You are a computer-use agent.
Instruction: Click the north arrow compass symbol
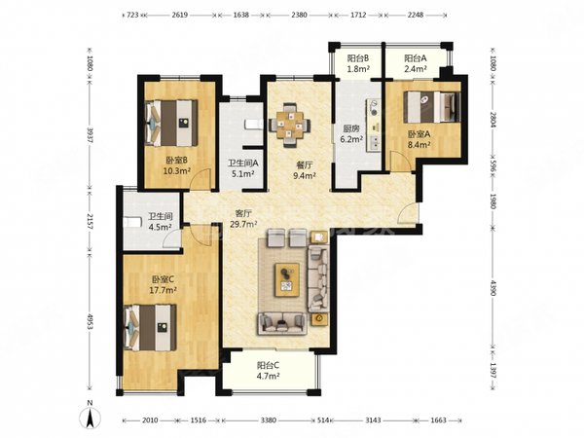90,415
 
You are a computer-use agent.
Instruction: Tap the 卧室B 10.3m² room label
177,165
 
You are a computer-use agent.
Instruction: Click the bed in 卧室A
432,107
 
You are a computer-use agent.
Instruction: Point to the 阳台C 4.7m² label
269,371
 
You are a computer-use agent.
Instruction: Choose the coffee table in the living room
287,279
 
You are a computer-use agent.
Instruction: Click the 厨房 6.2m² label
351,134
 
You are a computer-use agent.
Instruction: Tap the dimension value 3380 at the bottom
269,420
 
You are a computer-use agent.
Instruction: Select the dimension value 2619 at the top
179,15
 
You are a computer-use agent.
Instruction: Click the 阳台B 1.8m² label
358,63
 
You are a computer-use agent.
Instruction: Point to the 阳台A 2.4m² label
416,63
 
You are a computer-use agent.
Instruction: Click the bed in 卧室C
150,327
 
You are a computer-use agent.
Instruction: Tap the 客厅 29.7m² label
244,219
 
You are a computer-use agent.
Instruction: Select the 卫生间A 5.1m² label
242,168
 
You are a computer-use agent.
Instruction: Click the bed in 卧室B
171,123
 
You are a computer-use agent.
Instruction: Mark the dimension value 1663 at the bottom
438,420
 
